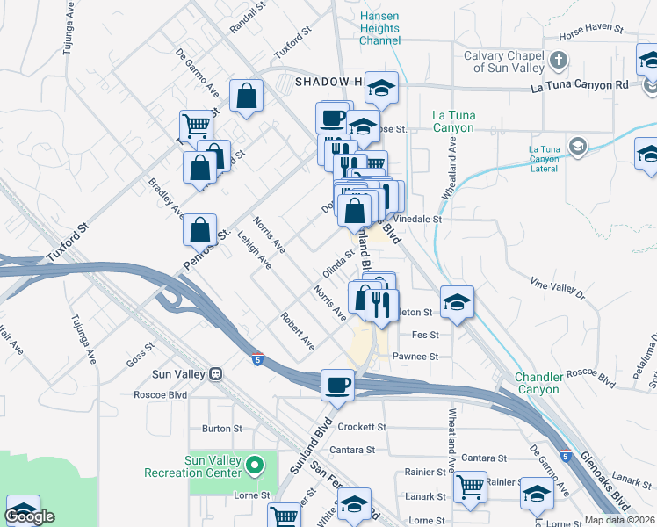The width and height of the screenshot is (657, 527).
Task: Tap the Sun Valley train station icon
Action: point(215,374)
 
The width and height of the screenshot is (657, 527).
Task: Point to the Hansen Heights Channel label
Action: point(379,29)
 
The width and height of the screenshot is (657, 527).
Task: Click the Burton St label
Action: point(221,429)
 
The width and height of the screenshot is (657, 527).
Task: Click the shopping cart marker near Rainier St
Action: point(470,486)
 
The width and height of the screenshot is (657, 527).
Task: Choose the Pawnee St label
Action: point(415,357)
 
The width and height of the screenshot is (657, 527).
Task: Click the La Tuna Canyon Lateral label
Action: point(551,155)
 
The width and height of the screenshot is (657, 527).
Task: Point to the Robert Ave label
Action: point(297,328)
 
